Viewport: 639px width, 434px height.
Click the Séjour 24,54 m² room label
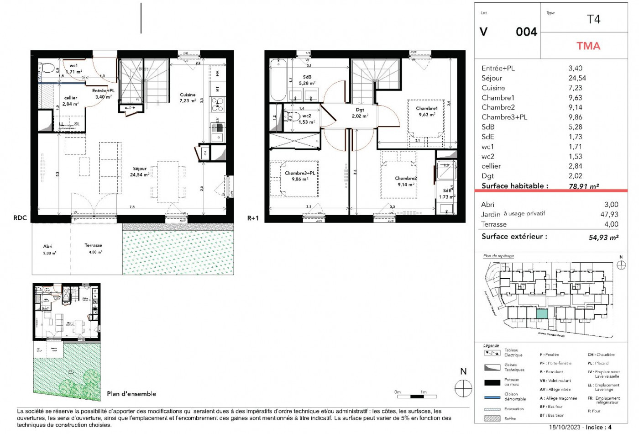pyautogui.click(x=140, y=172)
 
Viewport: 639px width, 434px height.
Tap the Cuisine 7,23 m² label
pyautogui.click(x=188, y=98)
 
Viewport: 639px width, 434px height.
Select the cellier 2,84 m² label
pyautogui.click(x=70, y=101)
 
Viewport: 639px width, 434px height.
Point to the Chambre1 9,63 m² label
pyautogui.click(x=427, y=111)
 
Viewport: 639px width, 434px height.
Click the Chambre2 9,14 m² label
pyautogui.click(x=406, y=181)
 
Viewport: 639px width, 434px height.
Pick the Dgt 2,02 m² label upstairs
pyautogui.click(x=360, y=113)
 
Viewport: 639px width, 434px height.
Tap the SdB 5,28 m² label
pyautogui.click(x=307, y=80)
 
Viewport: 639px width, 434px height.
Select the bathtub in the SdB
pyautogui.click(x=278, y=79)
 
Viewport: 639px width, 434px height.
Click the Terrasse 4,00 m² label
pyautogui.click(x=93, y=249)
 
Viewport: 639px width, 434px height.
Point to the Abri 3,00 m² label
pyautogui.click(x=49, y=249)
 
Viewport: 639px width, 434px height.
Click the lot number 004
pyautogui.click(x=526, y=32)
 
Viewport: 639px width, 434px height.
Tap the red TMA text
pyautogui.click(x=588, y=46)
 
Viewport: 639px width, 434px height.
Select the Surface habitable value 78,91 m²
pyautogui.click(x=584, y=186)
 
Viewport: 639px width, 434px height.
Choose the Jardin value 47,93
pyautogui.click(x=609, y=214)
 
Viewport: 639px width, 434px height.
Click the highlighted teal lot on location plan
pyautogui.click(x=541, y=314)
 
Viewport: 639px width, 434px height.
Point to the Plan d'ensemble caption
pyautogui.click(x=131, y=394)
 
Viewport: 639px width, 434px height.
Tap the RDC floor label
pyautogui.click(x=20, y=218)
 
